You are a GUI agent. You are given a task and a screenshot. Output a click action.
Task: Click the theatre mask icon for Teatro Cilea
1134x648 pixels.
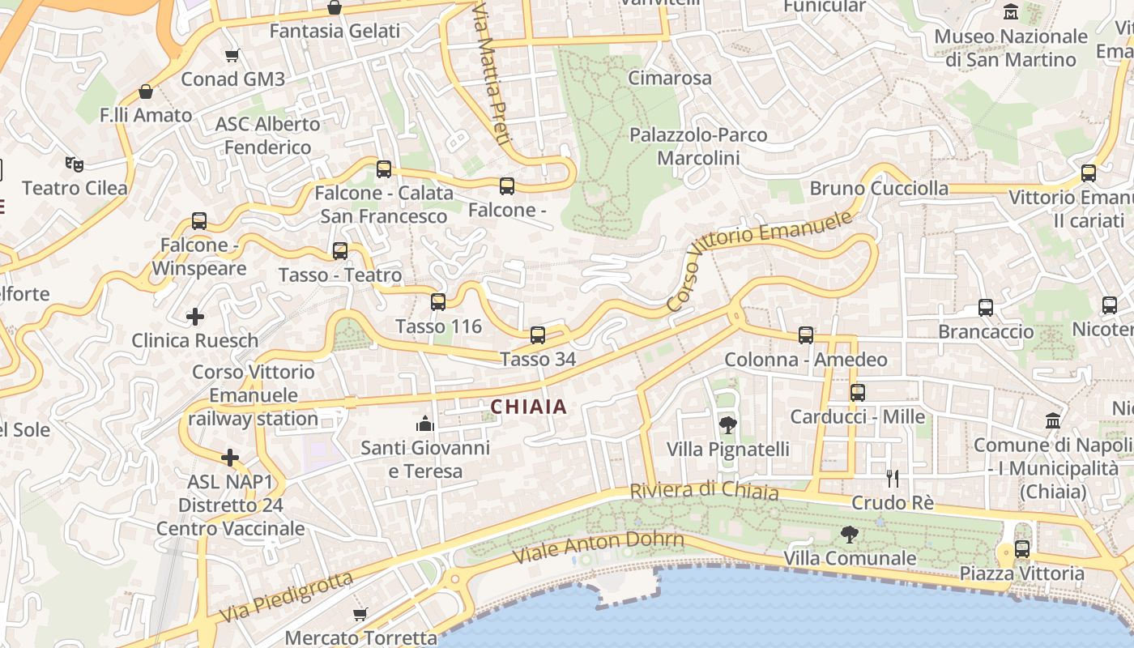[75, 165]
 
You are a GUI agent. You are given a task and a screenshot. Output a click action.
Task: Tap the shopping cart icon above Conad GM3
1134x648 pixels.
[232, 56]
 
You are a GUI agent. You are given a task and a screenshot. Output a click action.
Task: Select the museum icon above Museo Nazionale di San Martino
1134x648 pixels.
[1011, 12]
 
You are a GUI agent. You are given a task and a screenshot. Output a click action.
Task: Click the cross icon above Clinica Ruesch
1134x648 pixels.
[195, 317]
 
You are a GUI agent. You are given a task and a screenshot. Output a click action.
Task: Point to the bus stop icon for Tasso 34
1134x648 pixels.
[537, 335]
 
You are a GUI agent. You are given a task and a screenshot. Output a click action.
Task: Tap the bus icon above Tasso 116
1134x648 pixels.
[438, 302]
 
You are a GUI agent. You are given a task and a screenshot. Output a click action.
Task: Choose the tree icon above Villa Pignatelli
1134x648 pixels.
[727, 424]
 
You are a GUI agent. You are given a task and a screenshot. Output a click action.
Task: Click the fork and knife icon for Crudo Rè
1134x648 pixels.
[893, 479]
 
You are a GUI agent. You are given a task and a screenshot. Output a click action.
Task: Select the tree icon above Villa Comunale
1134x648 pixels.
[850, 535]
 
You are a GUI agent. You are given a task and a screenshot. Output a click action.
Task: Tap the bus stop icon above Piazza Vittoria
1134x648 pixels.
[1022, 549]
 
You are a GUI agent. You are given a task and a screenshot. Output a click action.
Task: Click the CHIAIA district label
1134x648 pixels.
[529, 407]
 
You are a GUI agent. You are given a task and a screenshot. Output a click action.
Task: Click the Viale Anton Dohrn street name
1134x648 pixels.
[599, 548]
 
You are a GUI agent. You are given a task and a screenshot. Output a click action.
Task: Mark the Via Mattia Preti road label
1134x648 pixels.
[492, 73]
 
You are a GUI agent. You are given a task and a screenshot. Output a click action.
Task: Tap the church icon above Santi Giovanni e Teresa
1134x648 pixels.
[425, 424]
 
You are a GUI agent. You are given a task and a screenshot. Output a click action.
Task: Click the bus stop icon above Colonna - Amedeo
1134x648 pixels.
[805, 335]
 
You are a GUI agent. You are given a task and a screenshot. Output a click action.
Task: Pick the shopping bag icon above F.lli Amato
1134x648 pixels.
[146, 92]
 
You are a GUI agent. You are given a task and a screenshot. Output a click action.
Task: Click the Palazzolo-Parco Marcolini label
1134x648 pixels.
[698, 146]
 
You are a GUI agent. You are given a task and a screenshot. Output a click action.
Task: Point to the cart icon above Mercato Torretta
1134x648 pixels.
[360, 615]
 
